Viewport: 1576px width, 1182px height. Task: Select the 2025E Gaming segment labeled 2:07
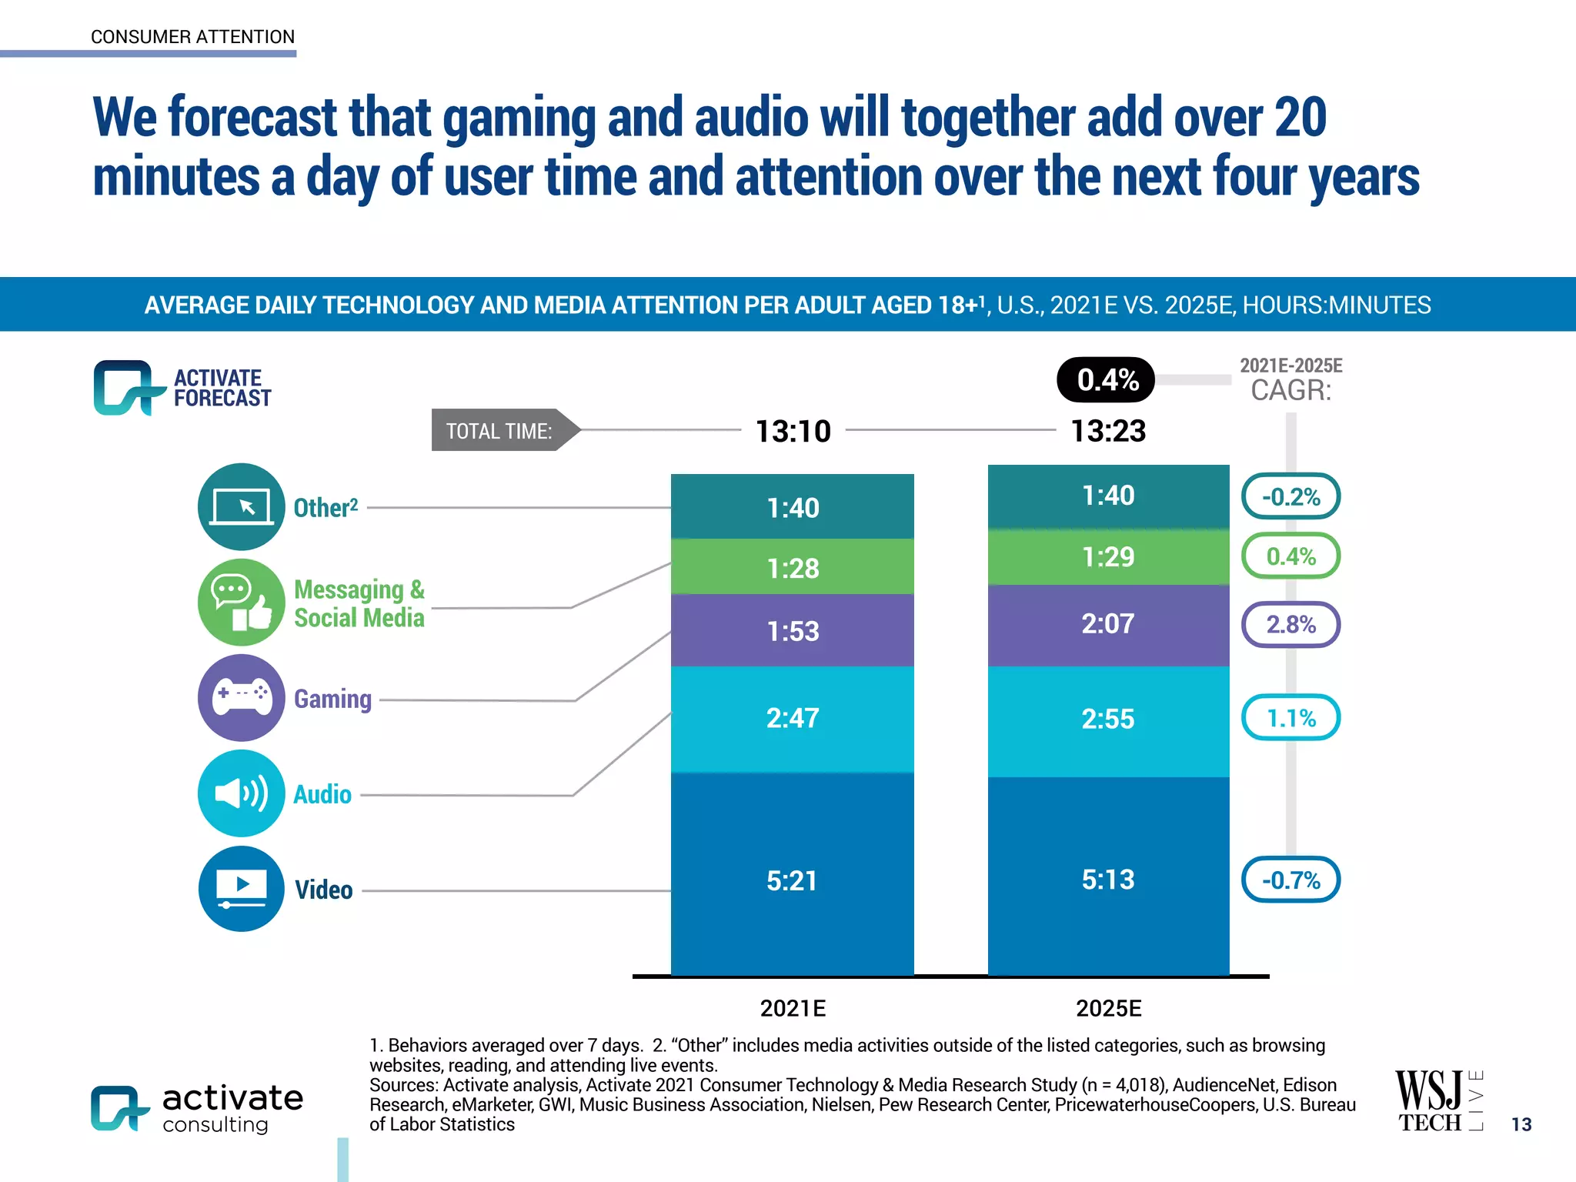(x=1108, y=624)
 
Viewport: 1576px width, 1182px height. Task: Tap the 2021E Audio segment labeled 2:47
(x=792, y=719)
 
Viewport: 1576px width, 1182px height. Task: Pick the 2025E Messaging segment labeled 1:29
(x=1108, y=556)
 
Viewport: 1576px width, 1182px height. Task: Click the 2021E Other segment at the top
(x=792, y=507)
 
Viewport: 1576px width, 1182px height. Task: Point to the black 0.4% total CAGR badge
(x=1106, y=379)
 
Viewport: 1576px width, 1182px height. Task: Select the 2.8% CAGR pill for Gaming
(x=1291, y=624)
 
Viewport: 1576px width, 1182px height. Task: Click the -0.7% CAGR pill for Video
(x=1291, y=880)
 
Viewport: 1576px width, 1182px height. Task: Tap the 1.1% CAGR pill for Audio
(x=1291, y=718)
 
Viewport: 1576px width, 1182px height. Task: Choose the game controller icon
(x=242, y=697)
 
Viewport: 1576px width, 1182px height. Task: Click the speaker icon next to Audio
(x=242, y=793)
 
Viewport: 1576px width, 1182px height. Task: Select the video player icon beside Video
(x=242, y=889)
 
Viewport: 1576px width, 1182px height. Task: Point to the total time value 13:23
(x=1108, y=431)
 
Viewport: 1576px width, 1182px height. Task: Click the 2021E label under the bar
(x=793, y=1008)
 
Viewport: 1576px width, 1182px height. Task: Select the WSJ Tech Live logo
(x=1437, y=1101)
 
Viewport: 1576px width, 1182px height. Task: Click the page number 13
(x=1521, y=1124)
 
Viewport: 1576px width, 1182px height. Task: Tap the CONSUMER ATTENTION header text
(x=192, y=37)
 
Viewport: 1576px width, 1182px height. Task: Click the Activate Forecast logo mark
(x=127, y=387)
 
